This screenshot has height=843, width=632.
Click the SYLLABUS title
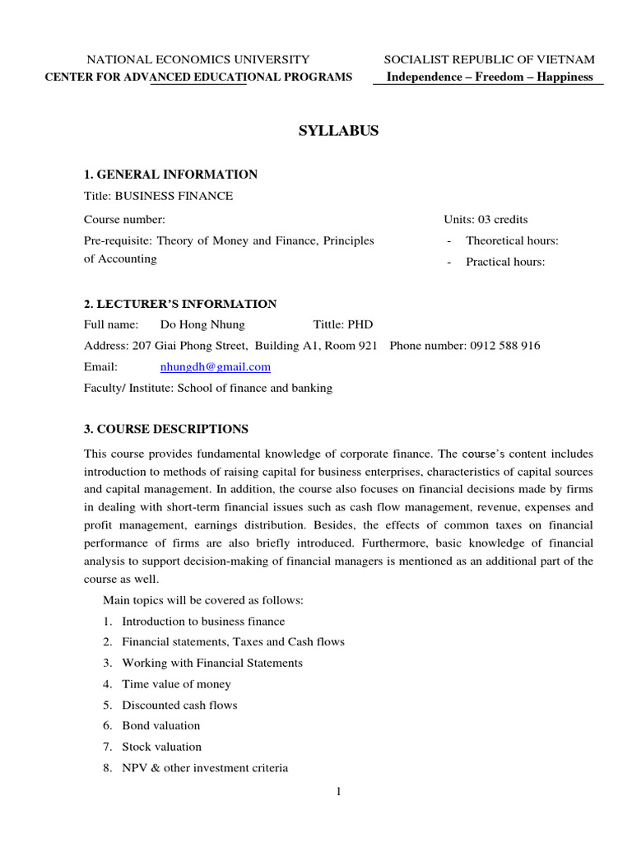pos(337,131)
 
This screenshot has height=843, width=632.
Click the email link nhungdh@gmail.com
pos(215,367)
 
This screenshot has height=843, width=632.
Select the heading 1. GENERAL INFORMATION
pos(170,175)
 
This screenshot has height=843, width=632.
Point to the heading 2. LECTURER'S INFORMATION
pos(180,304)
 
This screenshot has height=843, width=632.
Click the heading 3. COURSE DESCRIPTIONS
pos(165,429)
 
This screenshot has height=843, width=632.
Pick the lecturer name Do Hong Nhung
pos(202,325)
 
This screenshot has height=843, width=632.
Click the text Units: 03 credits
pos(486,220)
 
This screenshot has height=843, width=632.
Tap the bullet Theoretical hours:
pos(512,241)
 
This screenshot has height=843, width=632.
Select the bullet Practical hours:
pos(505,263)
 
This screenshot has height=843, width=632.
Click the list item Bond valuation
pos(160,726)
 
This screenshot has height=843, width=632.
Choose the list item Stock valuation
pos(161,748)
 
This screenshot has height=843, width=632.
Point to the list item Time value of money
pos(176,684)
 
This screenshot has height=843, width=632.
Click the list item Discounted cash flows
pos(179,706)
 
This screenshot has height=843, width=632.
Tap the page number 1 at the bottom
pos(338,792)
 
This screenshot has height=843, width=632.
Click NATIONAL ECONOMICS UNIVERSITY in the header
pos(198,59)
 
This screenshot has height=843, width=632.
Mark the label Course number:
pos(124,220)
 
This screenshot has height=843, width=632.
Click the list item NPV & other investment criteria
pos(205,768)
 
